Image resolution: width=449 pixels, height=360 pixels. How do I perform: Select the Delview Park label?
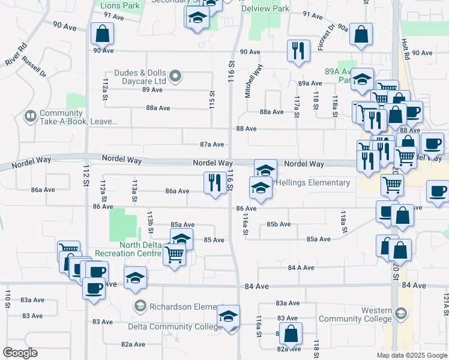(x=265, y=8)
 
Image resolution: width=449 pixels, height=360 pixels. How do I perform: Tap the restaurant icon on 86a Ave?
(x=214, y=183)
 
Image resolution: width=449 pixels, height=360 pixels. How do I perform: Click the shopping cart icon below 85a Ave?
(x=175, y=254)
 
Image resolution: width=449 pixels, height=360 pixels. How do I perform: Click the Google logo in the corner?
(x=20, y=353)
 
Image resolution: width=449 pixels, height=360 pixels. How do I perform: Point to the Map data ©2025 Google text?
(x=412, y=355)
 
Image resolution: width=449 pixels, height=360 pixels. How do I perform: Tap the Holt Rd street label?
(x=405, y=49)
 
